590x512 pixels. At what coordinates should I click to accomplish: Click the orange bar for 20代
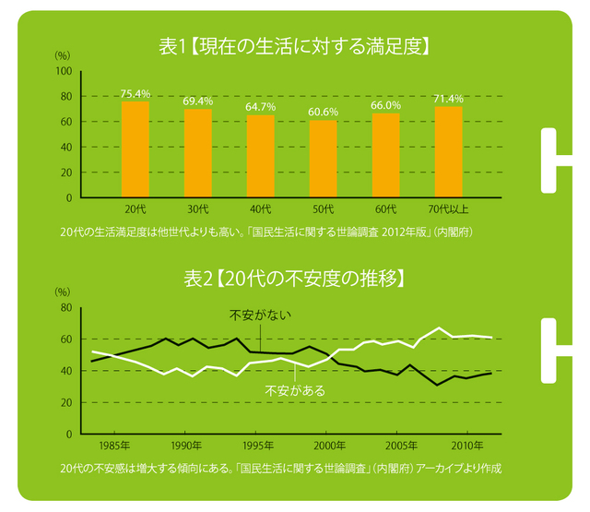[x=136, y=149]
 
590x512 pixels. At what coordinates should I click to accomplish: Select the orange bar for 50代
[x=323, y=159]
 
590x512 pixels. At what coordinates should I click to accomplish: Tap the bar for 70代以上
[x=448, y=151]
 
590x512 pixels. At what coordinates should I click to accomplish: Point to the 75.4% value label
[x=136, y=94]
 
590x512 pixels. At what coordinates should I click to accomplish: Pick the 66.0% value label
[x=385, y=106]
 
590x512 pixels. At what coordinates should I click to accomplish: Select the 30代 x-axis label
[x=198, y=208]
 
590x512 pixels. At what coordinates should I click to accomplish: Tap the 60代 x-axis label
[x=385, y=208]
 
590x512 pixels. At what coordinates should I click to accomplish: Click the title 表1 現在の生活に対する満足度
[x=294, y=44]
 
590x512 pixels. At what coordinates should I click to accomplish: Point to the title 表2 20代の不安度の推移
[x=294, y=277]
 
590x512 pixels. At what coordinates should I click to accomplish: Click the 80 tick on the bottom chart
[x=66, y=307]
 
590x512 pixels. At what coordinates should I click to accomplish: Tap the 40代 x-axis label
[x=260, y=208]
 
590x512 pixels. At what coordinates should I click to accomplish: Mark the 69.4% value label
[x=198, y=100]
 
